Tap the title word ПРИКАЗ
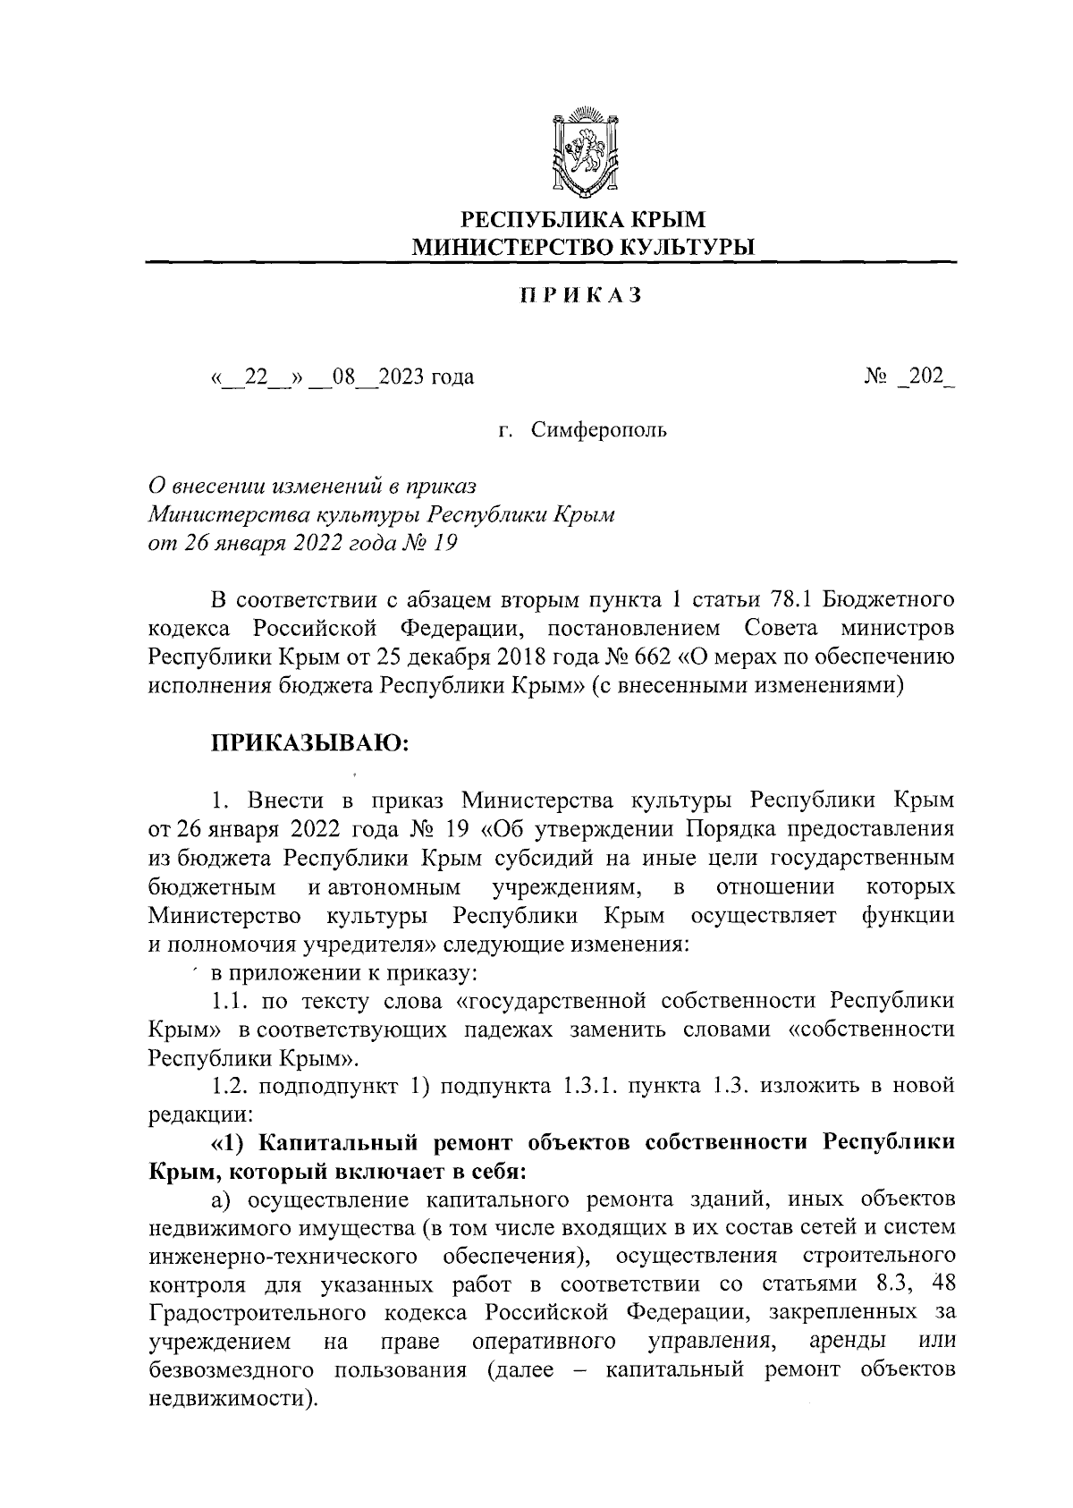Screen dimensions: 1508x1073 point(581,297)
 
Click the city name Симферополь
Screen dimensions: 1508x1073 point(598,431)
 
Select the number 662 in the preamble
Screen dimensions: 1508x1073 point(637,657)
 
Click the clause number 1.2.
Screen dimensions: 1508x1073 point(230,1086)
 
